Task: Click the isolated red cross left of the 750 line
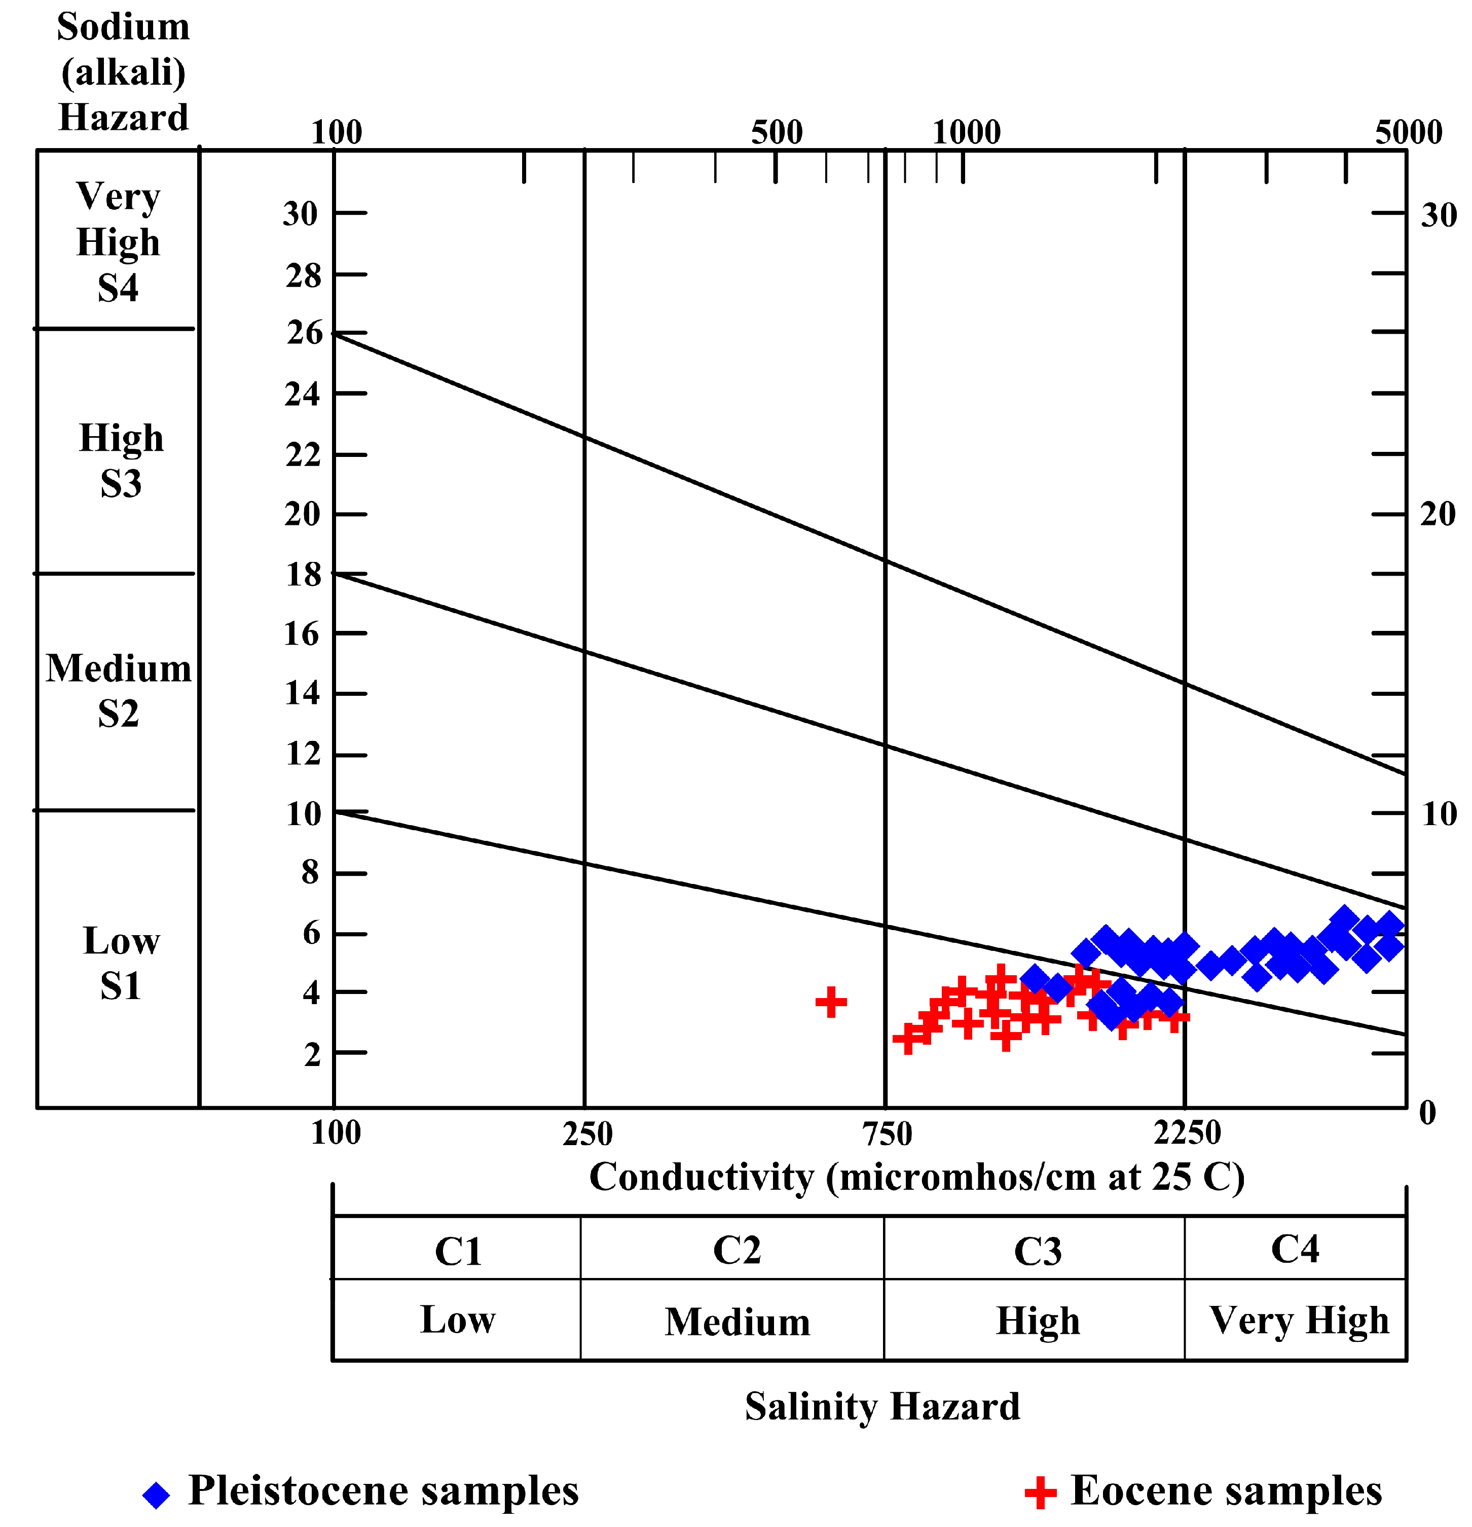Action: (x=830, y=1002)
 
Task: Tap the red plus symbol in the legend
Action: (x=1040, y=1493)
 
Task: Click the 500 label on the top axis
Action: (x=777, y=132)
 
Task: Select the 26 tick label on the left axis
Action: (x=304, y=333)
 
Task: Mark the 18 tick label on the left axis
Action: (x=304, y=575)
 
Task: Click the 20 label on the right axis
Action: (x=1438, y=514)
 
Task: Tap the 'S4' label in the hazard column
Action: (x=119, y=288)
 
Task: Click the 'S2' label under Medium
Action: (x=119, y=714)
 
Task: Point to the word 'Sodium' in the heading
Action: (x=123, y=27)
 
